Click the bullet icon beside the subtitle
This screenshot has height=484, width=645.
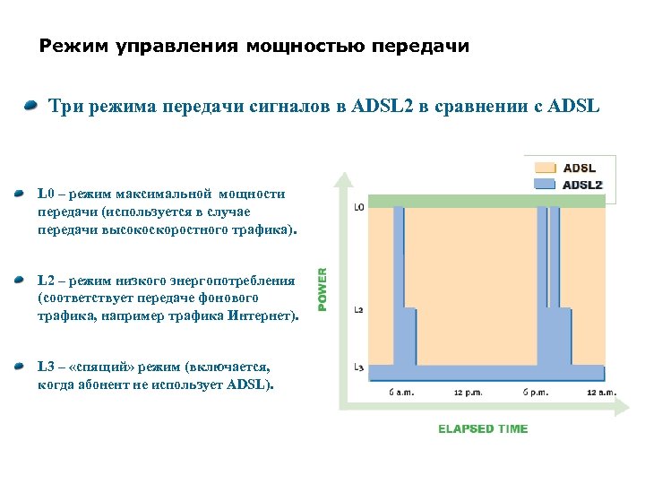coord(31,107)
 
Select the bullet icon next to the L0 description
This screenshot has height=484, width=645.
coord(20,193)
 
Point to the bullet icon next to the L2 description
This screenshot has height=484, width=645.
coord(20,281)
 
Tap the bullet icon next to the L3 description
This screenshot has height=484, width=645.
coord(20,367)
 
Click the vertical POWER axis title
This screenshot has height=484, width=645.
coord(323,285)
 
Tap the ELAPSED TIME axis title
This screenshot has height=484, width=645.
coord(483,428)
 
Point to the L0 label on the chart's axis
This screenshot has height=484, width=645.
coord(358,207)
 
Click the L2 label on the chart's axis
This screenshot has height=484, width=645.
coord(358,309)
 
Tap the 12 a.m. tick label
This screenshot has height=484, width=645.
coord(601,393)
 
